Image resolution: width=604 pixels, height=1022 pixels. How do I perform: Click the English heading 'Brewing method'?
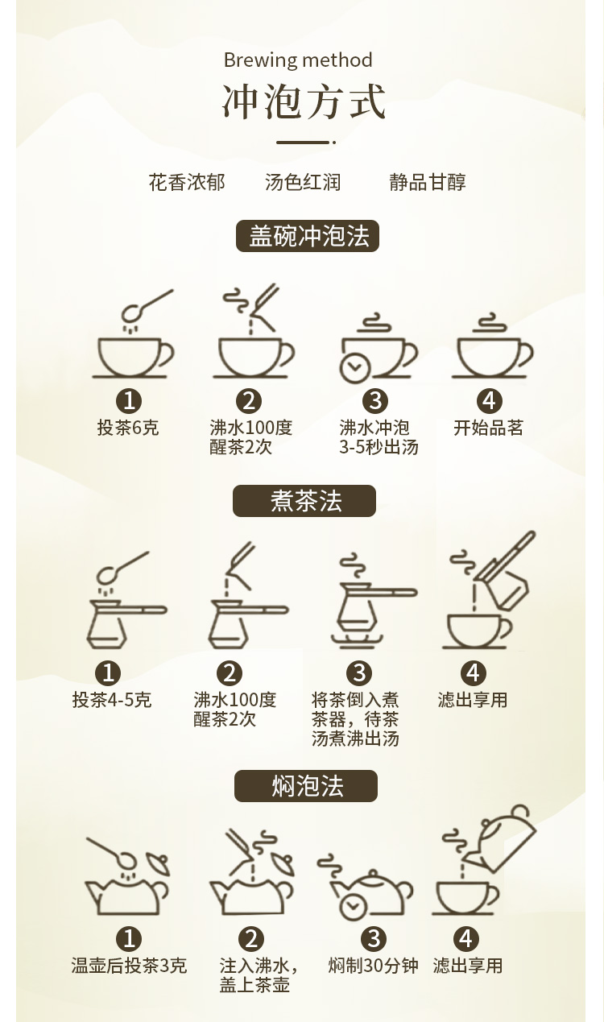click(x=298, y=60)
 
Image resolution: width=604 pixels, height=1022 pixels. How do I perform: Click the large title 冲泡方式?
click(x=304, y=101)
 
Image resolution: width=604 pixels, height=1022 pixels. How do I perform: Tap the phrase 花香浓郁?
click(x=187, y=182)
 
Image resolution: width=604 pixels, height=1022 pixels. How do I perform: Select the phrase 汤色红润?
click(x=303, y=182)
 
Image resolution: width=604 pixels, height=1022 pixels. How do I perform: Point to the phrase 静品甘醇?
click(x=428, y=182)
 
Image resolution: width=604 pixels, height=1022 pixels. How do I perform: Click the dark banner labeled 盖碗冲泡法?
click(x=308, y=236)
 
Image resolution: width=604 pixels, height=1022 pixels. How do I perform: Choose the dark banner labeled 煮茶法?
click(x=304, y=500)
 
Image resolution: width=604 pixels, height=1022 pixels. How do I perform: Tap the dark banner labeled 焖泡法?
click(x=306, y=786)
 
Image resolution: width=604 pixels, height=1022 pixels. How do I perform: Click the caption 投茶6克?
click(x=128, y=428)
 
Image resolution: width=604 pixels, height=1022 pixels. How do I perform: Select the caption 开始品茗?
click(x=488, y=428)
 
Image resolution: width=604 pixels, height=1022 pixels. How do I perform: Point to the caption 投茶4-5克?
click(x=112, y=699)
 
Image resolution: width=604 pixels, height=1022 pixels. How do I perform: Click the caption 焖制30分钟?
click(x=373, y=965)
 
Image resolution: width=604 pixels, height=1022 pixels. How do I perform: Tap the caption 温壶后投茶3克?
click(x=129, y=965)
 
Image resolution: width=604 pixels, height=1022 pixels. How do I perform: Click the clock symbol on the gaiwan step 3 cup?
click(x=354, y=367)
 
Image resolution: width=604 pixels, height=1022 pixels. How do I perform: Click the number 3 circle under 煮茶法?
click(x=359, y=673)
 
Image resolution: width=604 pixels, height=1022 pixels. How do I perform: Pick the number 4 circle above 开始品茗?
click(x=489, y=401)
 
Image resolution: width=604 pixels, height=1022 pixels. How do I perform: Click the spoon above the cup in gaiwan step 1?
click(x=147, y=306)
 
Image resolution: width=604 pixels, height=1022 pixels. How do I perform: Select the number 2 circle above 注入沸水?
click(x=251, y=939)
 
